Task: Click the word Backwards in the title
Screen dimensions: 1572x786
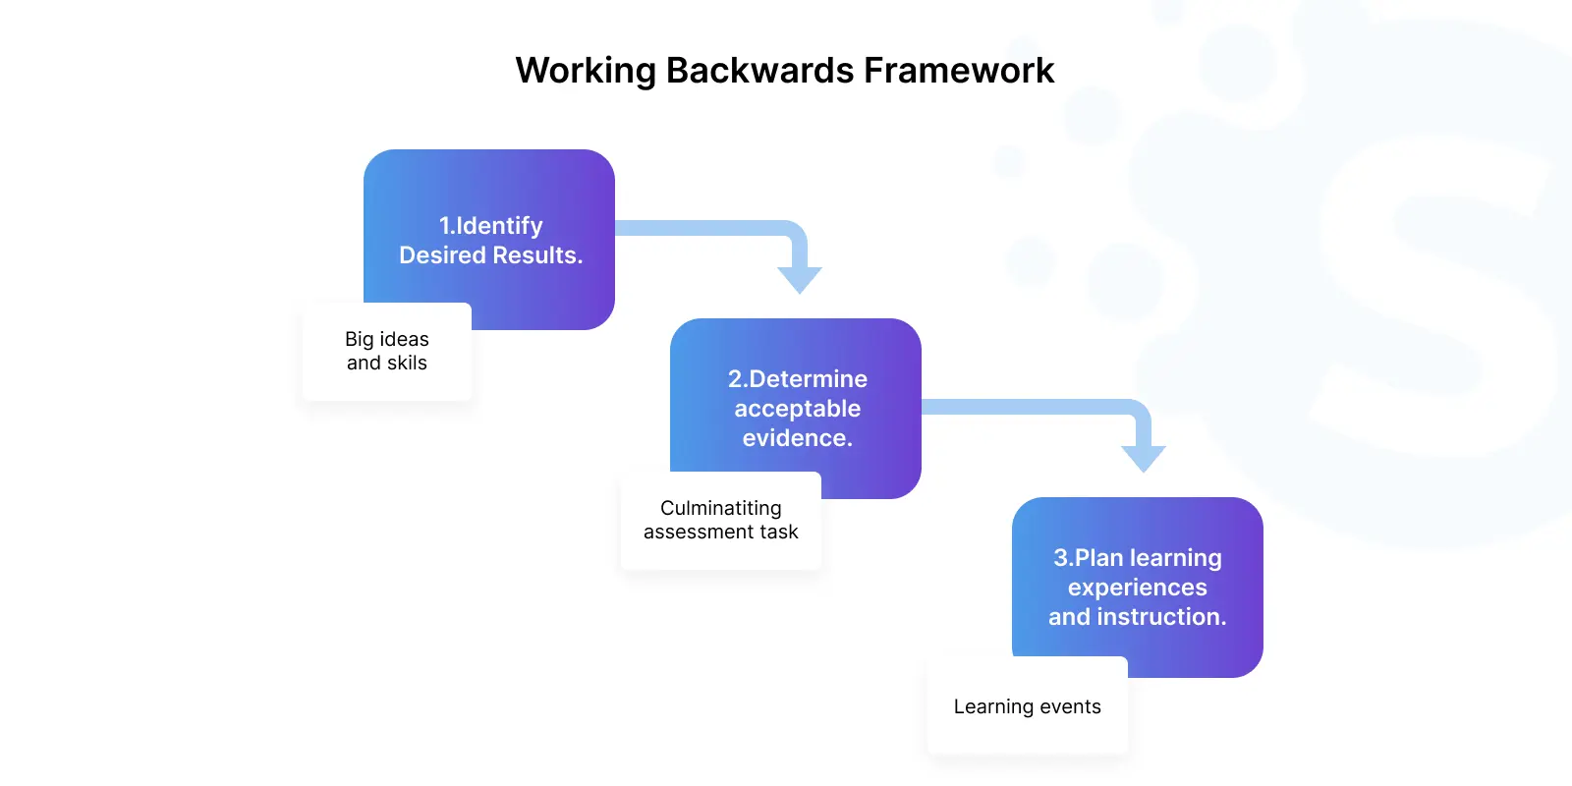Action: (759, 70)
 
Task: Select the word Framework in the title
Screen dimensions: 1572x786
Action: (959, 70)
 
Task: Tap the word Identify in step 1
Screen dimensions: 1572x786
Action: (500, 226)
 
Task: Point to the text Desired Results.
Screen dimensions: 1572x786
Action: (490, 255)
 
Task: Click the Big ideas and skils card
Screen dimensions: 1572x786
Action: (387, 352)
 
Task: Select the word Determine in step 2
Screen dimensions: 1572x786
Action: (808, 379)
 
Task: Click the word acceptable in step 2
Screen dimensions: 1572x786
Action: (797, 409)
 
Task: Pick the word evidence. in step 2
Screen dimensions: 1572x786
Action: (797, 438)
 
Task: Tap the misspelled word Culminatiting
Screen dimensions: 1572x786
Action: (721, 508)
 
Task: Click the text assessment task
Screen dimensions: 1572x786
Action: (721, 532)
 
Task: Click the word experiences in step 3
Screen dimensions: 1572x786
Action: (1138, 588)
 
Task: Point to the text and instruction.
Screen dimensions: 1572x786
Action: (1138, 617)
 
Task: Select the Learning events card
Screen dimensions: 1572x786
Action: (1028, 705)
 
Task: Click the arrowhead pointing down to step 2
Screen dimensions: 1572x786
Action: (800, 279)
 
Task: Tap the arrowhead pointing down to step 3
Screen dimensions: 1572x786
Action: (1144, 458)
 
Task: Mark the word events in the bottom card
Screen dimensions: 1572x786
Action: (1070, 706)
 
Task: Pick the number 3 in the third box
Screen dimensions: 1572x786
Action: (1060, 558)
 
